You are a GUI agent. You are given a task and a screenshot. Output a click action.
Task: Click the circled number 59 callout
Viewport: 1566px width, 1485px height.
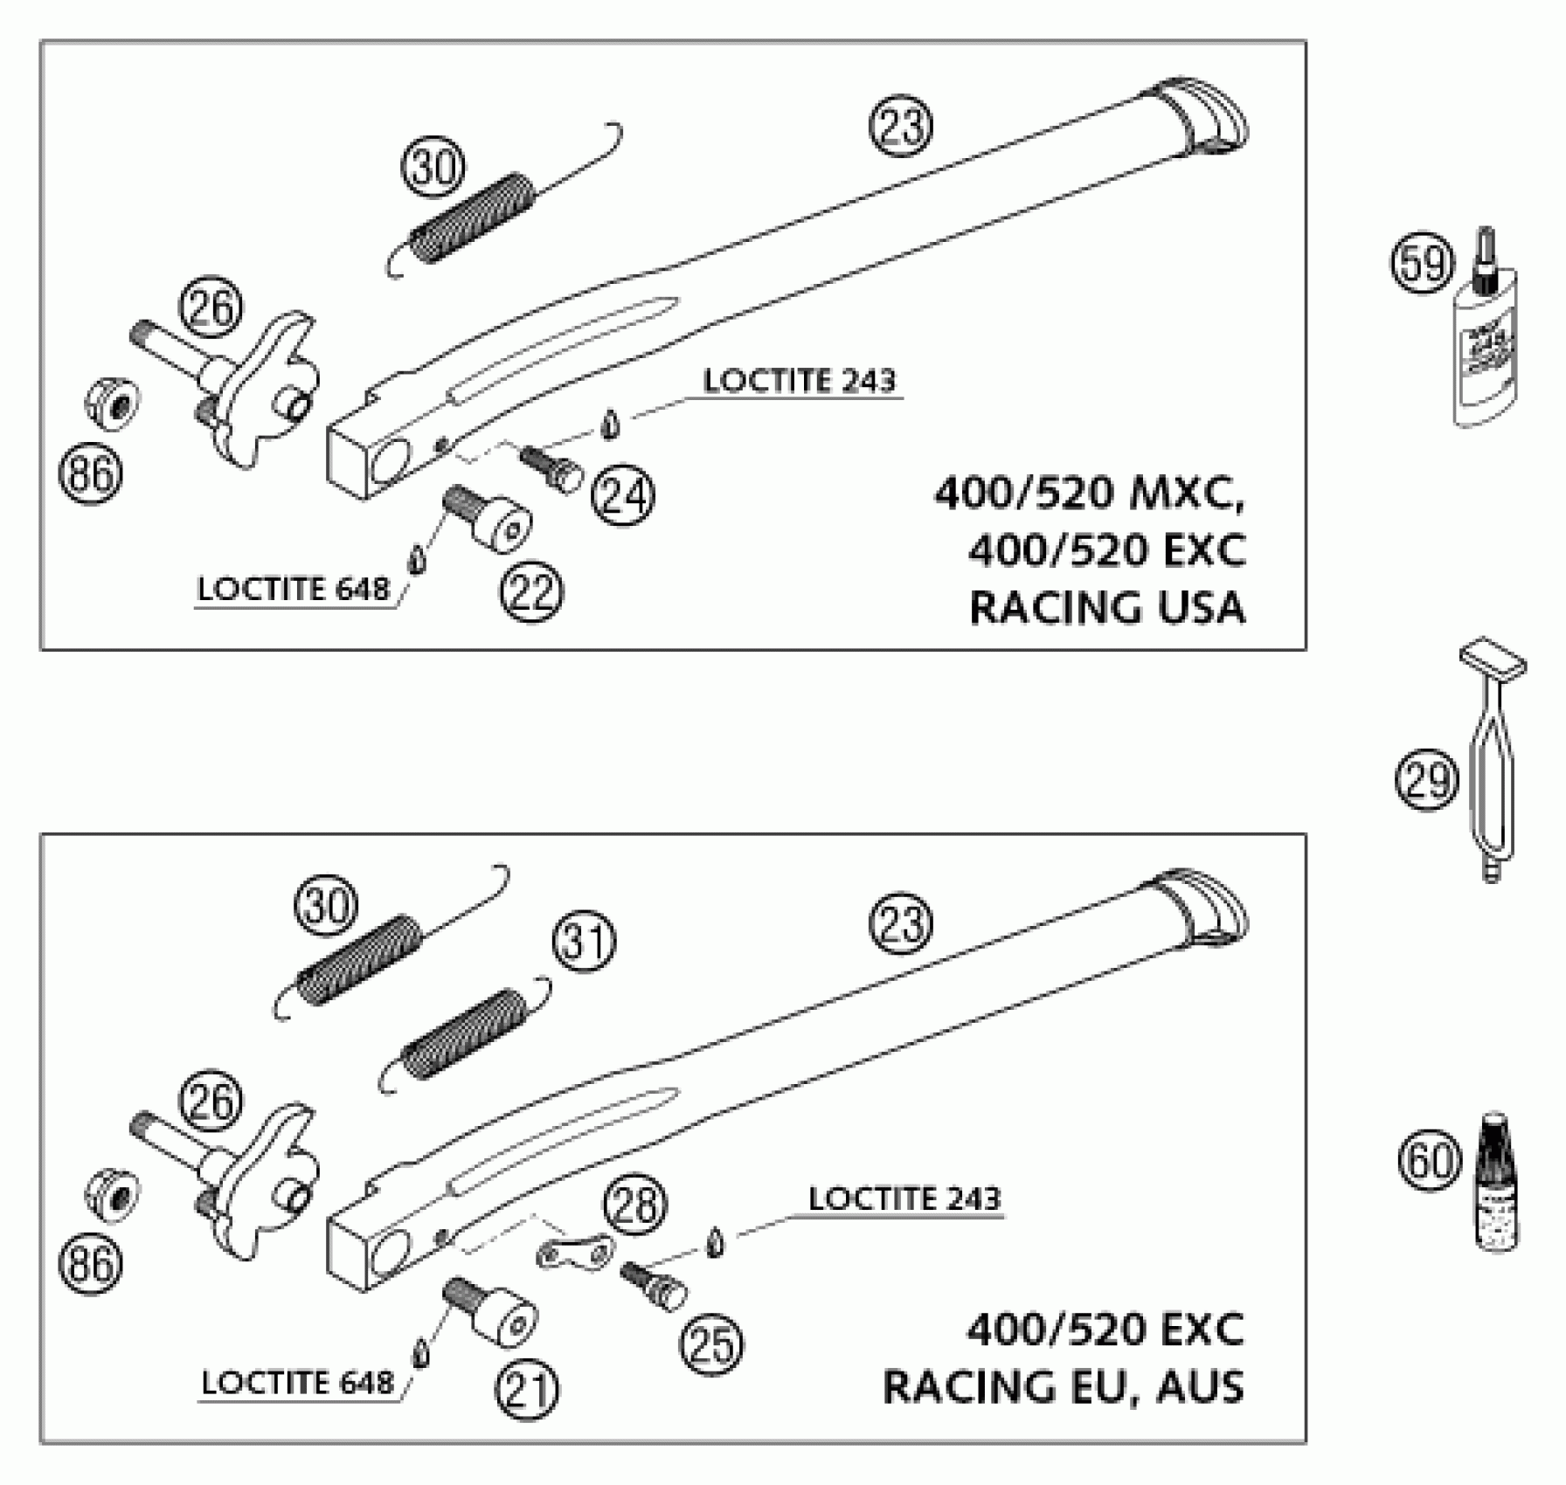point(1422,264)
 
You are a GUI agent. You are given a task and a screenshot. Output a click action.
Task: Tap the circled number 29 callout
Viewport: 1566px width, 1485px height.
point(1426,780)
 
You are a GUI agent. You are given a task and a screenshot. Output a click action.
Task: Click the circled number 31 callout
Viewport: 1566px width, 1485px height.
point(584,943)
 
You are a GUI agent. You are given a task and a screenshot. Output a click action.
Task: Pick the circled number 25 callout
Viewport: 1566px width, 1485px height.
point(711,1344)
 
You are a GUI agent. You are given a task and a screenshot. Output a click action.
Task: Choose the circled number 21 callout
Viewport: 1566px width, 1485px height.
point(527,1391)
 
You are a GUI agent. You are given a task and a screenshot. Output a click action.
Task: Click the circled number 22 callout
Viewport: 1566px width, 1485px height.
point(531,594)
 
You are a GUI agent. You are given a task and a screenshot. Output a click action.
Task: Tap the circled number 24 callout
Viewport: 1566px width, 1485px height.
point(623,496)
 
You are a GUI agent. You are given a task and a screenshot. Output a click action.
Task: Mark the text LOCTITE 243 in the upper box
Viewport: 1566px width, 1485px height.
point(800,382)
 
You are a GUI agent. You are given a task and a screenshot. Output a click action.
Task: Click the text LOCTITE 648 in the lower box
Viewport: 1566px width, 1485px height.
point(297,1383)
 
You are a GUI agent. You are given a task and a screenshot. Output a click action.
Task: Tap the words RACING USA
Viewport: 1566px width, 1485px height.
point(1107,607)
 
